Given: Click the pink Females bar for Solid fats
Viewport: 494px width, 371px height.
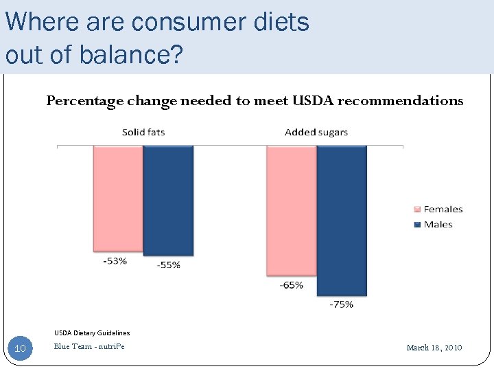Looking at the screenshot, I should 118,199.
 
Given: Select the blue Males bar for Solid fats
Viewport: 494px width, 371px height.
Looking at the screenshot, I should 168,201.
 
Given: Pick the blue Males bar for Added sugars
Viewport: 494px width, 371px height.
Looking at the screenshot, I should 342,221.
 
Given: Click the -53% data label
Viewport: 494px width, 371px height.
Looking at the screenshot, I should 115,261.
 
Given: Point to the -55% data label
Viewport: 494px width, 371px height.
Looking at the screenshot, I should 168,265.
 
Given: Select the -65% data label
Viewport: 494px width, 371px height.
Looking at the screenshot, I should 291,285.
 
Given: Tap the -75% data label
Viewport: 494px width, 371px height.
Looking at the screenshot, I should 341,304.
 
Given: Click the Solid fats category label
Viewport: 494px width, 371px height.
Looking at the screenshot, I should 143,132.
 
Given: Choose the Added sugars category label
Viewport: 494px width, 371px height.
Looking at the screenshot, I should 316,132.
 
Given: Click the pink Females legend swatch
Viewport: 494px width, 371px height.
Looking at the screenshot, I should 416,210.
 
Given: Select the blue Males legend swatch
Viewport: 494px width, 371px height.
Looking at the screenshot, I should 416,225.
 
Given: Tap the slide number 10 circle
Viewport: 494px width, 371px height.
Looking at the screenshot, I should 21,348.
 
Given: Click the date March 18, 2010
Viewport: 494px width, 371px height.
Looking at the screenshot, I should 434,348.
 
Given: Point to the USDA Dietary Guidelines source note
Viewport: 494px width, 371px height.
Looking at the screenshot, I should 92,333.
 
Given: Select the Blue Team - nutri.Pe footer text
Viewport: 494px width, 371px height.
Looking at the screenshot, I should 89,346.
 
